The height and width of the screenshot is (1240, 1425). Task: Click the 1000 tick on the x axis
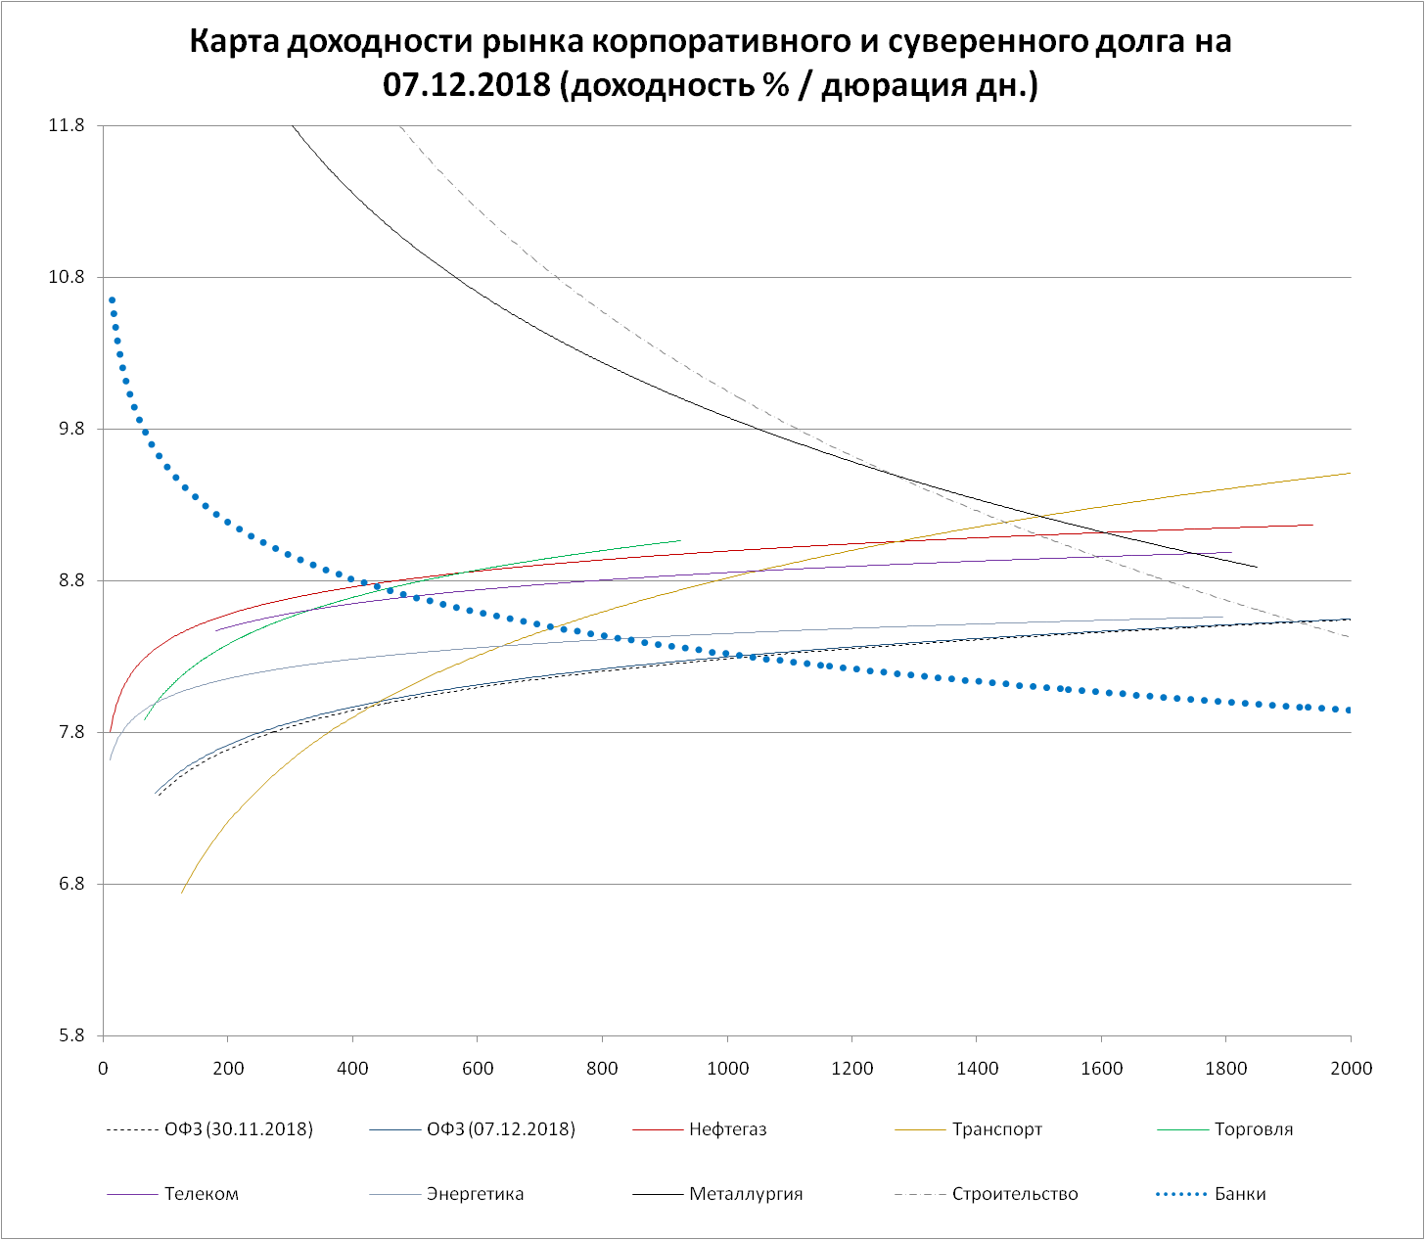click(727, 1069)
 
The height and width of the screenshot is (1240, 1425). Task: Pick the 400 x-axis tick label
click(352, 1069)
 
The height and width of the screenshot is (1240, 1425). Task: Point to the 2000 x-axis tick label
click(1352, 1069)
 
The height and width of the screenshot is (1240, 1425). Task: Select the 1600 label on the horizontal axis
click(1102, 1069)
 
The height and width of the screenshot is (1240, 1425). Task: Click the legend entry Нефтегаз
click(727, 1129)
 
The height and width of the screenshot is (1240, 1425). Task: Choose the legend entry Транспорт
click(996, 1129)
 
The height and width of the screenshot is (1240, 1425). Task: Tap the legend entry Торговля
click(1253, 1129)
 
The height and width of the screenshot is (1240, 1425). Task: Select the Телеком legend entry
click(202, 1194)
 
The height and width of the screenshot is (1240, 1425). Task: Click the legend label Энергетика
click(475, 1194)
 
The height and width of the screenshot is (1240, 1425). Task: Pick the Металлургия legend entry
click(745, 1194)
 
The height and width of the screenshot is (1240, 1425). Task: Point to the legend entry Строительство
click(1014, 1194)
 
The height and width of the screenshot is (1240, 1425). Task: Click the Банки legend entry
click(1239, 1194)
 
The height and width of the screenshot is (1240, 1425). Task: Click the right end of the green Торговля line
click(679, 540)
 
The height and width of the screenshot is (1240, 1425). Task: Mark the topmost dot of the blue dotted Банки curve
click(112, 300)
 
